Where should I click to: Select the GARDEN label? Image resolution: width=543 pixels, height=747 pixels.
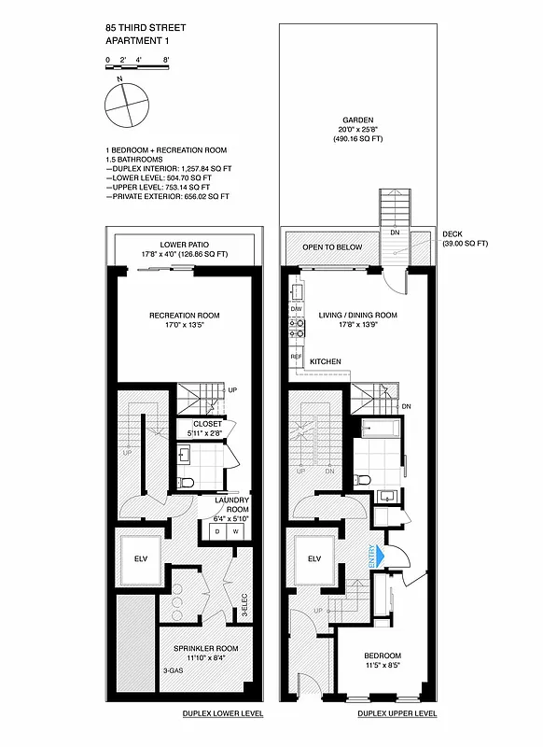357,120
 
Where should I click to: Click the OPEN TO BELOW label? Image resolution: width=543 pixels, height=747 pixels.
331,247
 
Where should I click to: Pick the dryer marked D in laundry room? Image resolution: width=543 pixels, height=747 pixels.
217,531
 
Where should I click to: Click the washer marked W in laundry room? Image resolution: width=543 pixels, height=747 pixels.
235,531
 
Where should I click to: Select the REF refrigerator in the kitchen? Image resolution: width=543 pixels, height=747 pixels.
297,357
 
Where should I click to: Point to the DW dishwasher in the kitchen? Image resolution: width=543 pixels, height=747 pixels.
297,307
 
